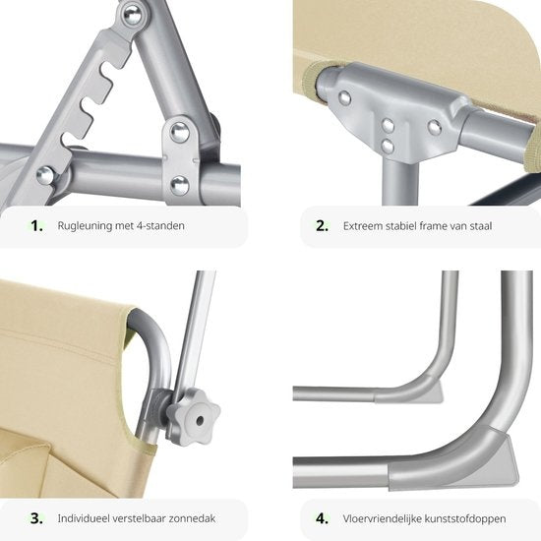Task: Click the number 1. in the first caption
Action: (x=37, y=225)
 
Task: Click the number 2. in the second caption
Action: (x=322, y=225)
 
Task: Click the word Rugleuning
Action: (x=84, y=226)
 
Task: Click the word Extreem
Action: (x=364, y=225)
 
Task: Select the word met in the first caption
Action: (x=125, y=225)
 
